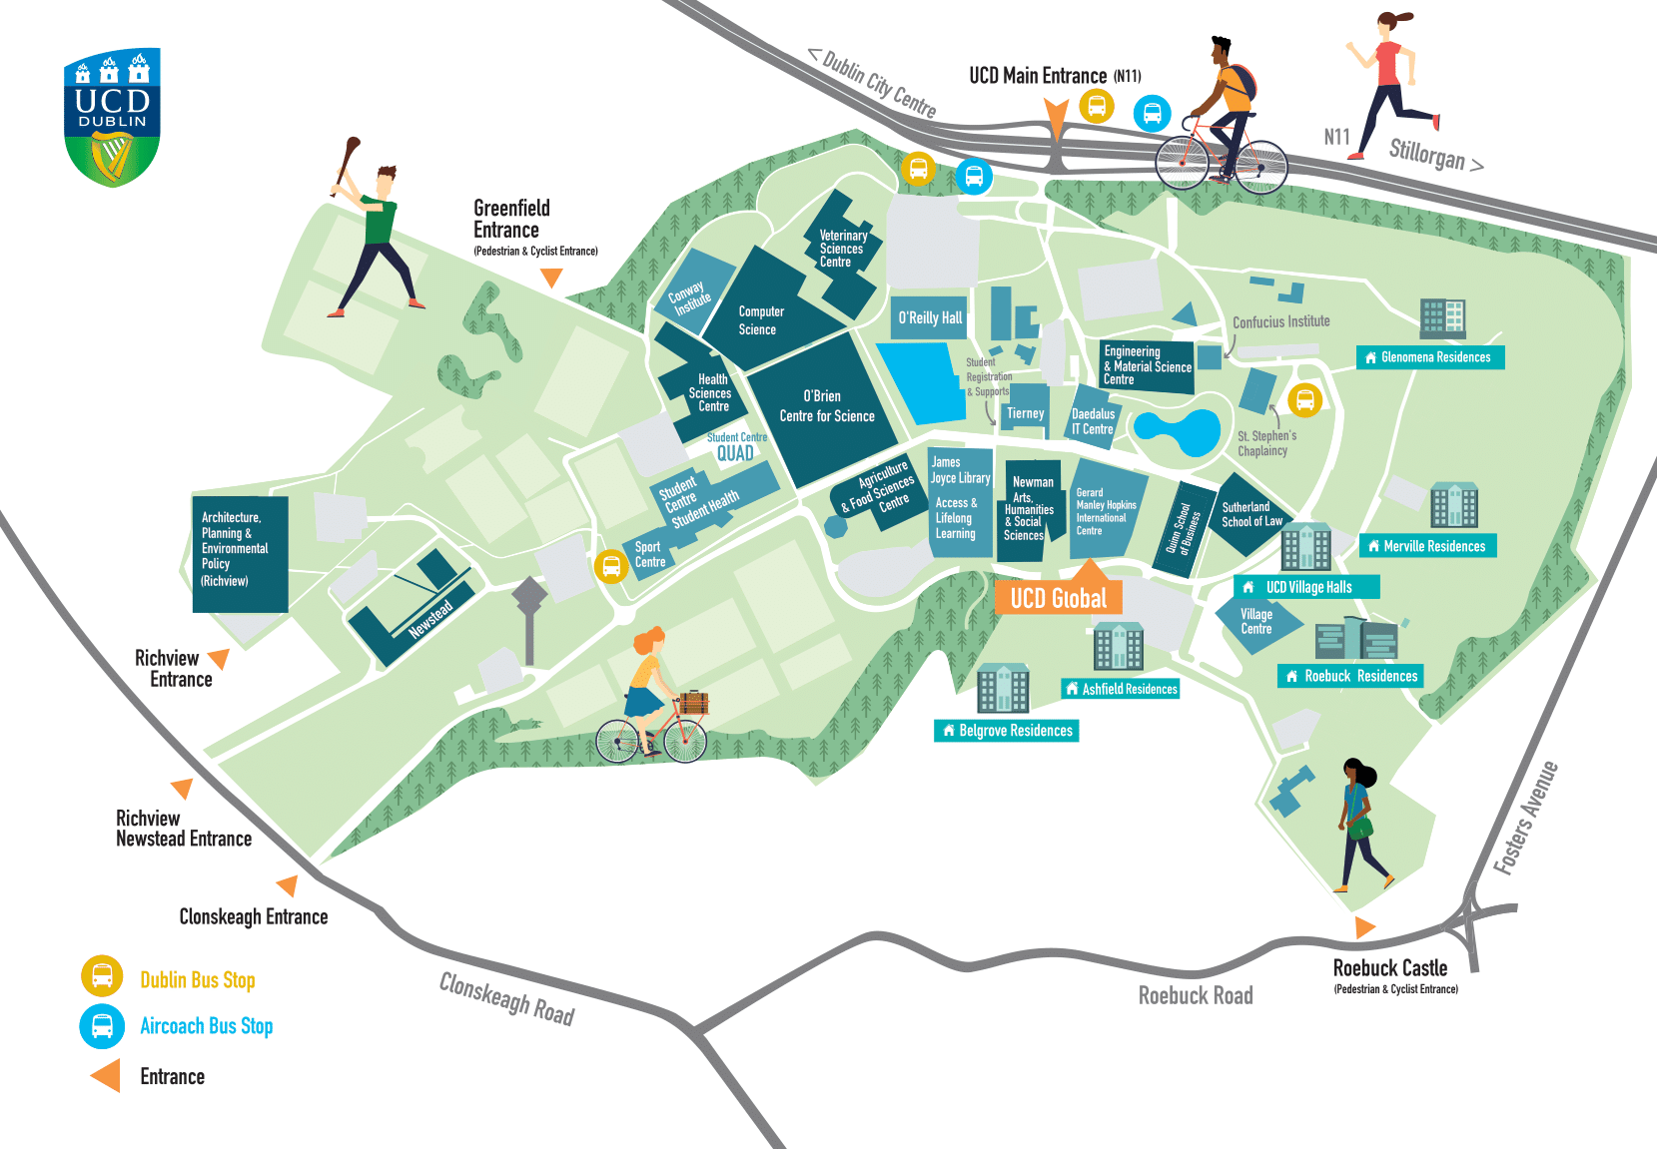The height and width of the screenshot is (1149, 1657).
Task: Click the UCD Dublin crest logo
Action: click(112, 118)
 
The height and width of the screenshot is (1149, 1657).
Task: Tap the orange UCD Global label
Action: click(1058, 598)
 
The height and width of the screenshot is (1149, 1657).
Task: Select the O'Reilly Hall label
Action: click(930, 317)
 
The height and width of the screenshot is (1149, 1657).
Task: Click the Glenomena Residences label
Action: click(1429, 357)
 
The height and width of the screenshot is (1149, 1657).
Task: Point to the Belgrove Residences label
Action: click(1007, 731)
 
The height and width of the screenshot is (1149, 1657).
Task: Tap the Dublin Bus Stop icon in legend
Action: click(102, 977)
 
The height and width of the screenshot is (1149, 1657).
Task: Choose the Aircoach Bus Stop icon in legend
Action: click(102, 1025)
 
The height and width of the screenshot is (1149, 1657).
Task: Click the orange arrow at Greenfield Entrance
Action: click(551, 279)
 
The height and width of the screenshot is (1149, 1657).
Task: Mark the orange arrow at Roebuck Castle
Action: click(1363, 927)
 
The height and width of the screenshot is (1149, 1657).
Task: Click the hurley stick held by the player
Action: click(348, 161)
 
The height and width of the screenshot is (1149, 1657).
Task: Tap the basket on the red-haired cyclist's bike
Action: click(693, 702)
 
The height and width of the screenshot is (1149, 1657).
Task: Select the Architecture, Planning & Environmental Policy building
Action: click(240, 554)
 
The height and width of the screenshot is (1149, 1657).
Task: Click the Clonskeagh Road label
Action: click(506, 999)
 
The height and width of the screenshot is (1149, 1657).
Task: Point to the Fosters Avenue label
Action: click(1525, 819)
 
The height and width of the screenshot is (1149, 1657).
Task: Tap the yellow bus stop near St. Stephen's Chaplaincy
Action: click(1304, 400)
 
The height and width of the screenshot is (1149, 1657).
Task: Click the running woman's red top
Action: click(1387, 63)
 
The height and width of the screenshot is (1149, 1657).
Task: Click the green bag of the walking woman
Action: click(1359, 828)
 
